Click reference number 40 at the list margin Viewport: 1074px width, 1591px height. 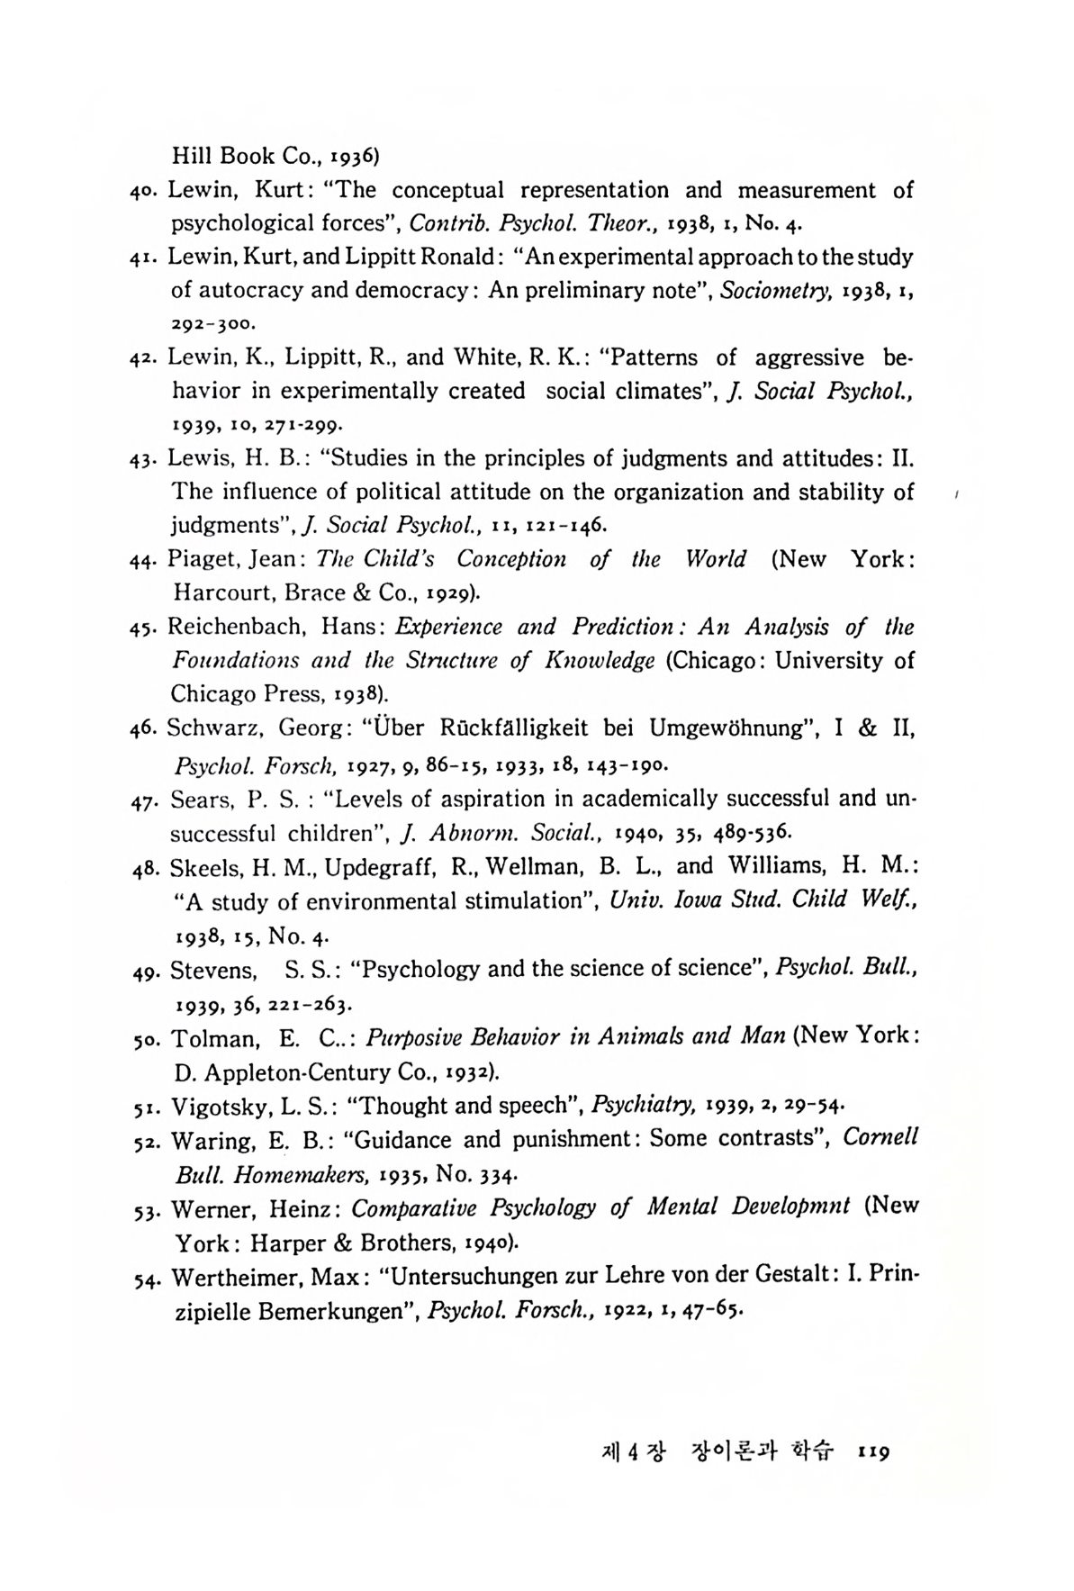143,191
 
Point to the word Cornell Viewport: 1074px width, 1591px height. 880,1137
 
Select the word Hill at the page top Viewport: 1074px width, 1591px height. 191,156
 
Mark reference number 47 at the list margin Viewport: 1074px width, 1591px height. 145,800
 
